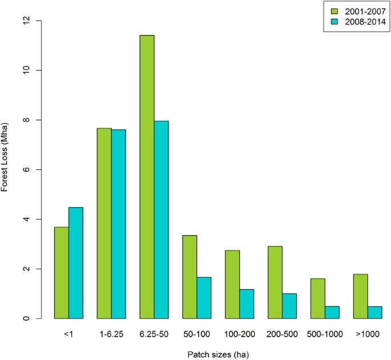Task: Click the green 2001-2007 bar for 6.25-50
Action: (x=147, y=177)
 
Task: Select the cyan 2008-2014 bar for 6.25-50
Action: (x=161, y=220)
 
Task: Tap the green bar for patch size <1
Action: (x=61, y=273)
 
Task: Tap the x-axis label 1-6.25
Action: (x=111, y=330)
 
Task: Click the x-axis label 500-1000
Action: (x=325, y=330)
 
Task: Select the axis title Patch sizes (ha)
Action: (x=211, y=353)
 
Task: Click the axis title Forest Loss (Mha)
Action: (x=6, y=169)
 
